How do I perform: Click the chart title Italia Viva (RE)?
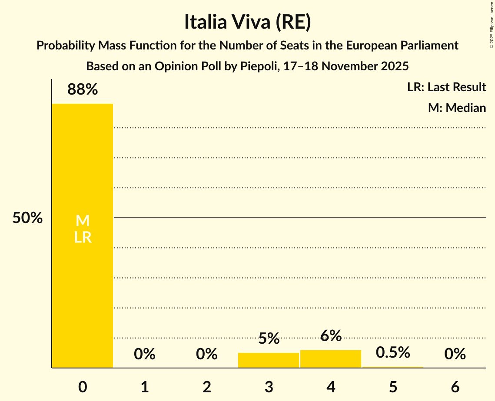247,22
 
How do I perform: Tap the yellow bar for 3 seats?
269,360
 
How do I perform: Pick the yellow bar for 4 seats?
331,359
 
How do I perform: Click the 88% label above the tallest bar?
83,90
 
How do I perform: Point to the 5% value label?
269,339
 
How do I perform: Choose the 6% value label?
331,335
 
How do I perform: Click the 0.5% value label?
393,352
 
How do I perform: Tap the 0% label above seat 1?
145,354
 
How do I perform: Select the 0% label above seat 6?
455,354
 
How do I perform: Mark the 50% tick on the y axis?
27,218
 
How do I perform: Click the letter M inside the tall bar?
83,221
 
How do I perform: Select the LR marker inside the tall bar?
83,237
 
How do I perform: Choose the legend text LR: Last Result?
446,87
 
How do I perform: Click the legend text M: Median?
457,108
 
